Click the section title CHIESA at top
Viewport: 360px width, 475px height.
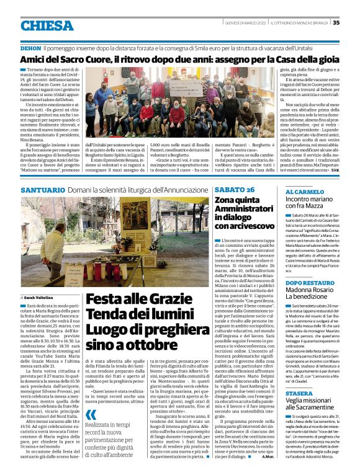pyautogui.click(x=47, y=25)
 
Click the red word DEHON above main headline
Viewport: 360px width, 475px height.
pyautogui.click(x=31, y=48)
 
